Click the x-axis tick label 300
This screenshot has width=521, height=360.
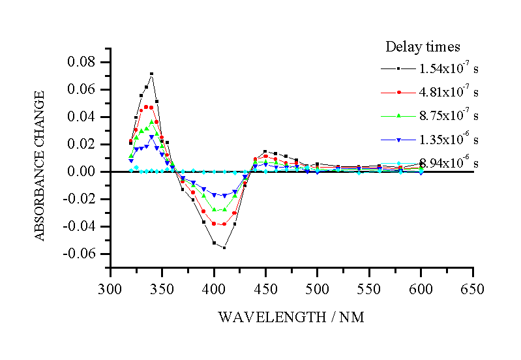coord(110,289)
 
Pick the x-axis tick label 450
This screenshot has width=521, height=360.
coord(265,289)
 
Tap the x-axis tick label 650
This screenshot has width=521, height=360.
coord(472,289)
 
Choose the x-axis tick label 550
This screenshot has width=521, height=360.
coord(368,289)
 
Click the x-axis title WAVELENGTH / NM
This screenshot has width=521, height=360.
coord(291,318)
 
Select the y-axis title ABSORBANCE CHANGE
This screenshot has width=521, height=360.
coord(40,166)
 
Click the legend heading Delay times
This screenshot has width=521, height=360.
coord(423,47)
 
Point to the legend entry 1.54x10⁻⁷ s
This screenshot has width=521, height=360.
coord(449,68)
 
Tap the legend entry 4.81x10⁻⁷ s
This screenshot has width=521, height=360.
coord(449,92)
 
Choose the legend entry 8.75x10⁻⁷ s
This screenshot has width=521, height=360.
coord(449,115)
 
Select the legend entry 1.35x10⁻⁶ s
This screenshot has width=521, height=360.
coord(449,140)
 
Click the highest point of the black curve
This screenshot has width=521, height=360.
coord(151,74)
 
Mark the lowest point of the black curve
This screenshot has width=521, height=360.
coord(224,248)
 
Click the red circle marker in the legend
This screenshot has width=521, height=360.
coord(398,92)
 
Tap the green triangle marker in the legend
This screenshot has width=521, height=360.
coord(398,115)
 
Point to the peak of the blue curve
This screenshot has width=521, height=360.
coord(151,137)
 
